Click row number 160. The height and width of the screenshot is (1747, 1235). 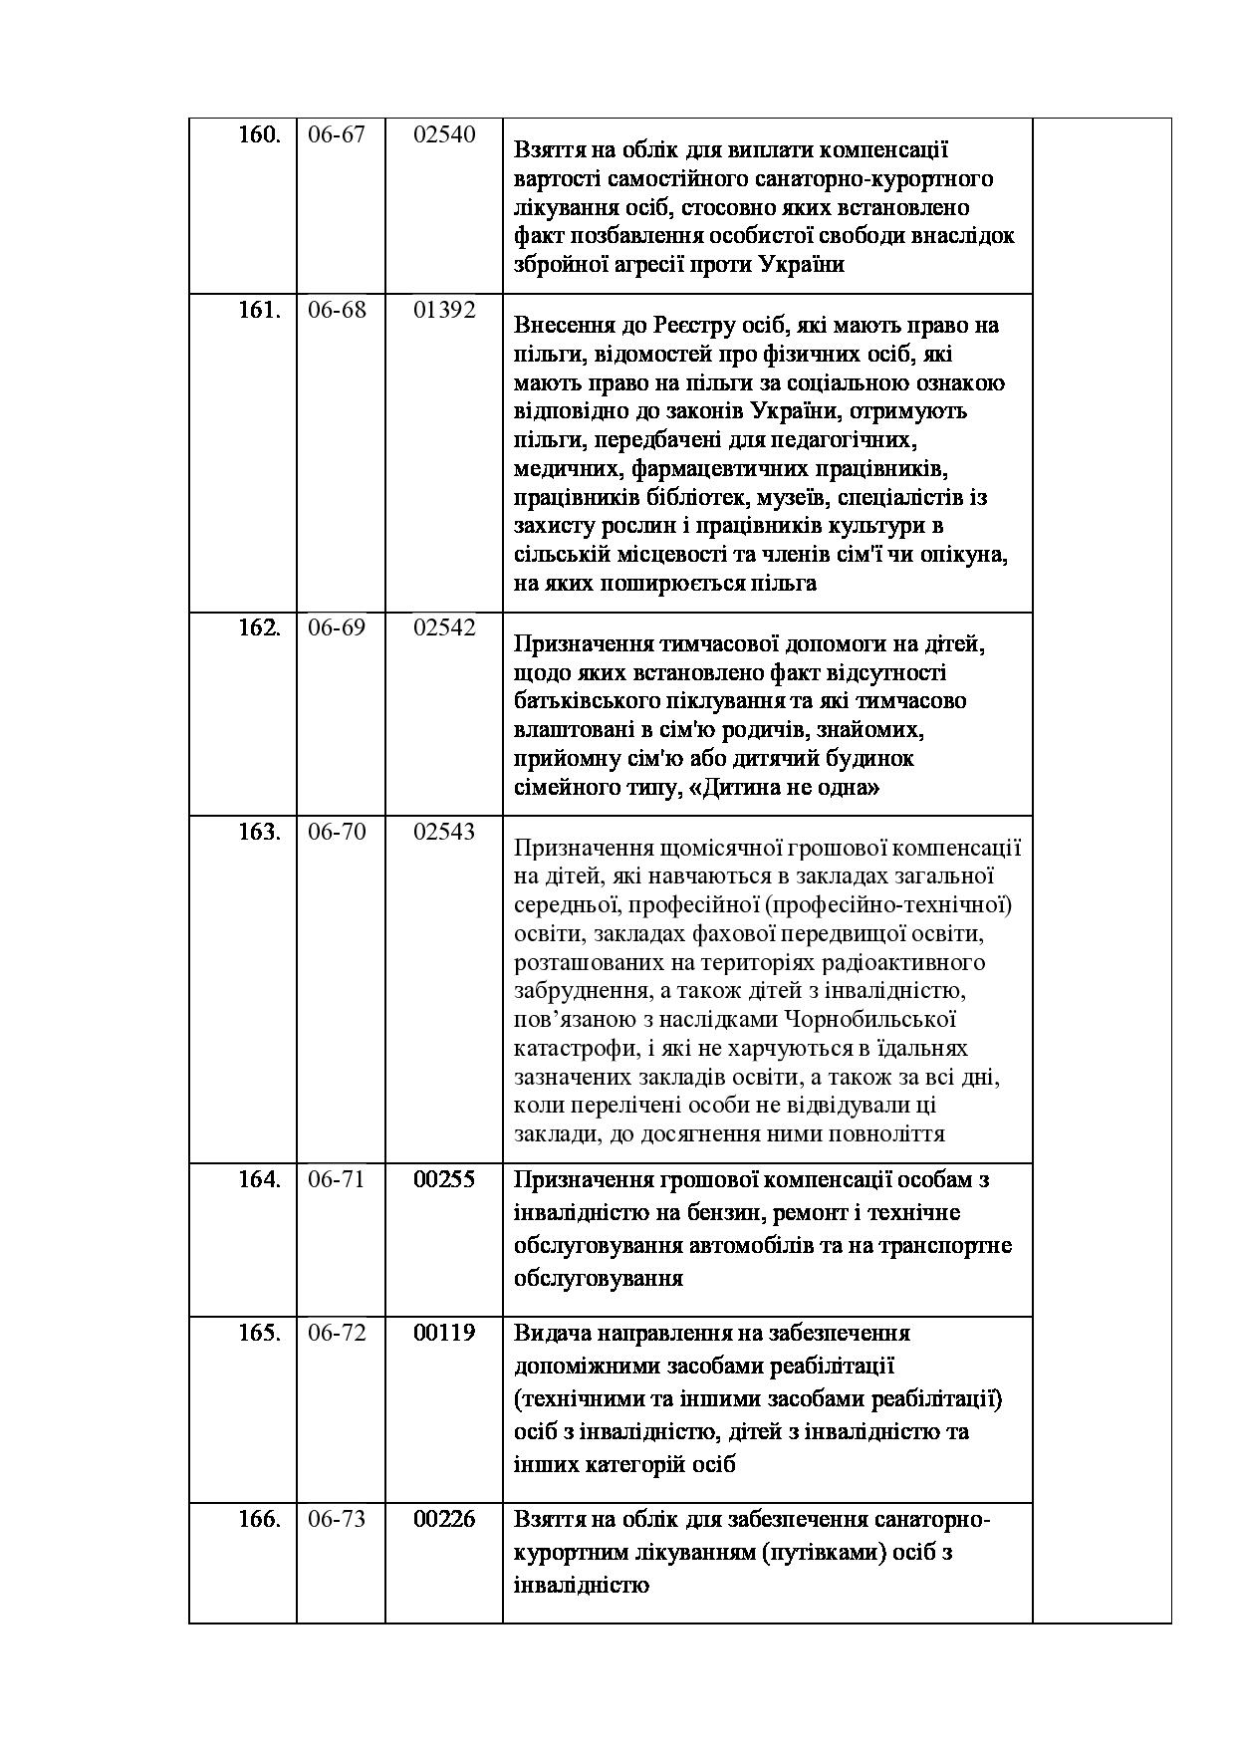259,134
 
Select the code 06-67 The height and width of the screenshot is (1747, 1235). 337,134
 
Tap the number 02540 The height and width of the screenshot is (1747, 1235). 444,134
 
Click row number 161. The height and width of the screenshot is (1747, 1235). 259,310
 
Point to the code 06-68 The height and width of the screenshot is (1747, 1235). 337,310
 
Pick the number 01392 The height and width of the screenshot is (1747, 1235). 444,310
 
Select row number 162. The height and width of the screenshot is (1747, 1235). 259,627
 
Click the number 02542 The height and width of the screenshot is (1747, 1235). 444,627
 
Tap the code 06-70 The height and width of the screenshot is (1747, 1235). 337,832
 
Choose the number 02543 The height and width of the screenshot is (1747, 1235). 444,832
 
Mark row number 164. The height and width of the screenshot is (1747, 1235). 259,1179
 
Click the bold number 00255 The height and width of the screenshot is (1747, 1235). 444,1179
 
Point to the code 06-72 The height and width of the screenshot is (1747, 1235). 337,1333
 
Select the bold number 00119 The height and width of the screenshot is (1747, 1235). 444,1333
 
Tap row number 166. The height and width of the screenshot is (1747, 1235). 259,1519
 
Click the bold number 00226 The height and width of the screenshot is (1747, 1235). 444,1519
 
